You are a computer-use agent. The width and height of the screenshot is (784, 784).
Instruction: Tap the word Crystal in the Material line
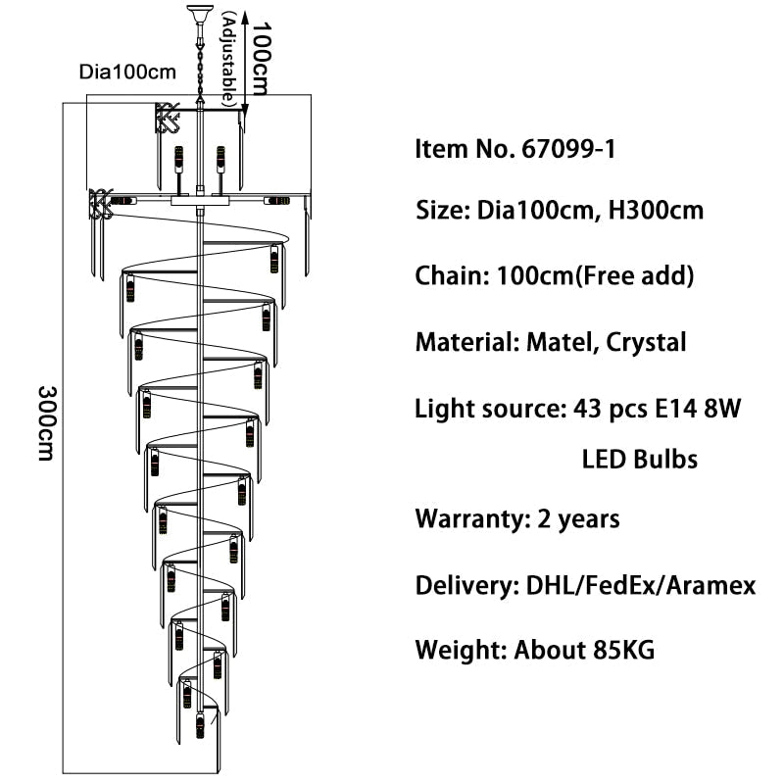pyautogui.click(x=646, y=342)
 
